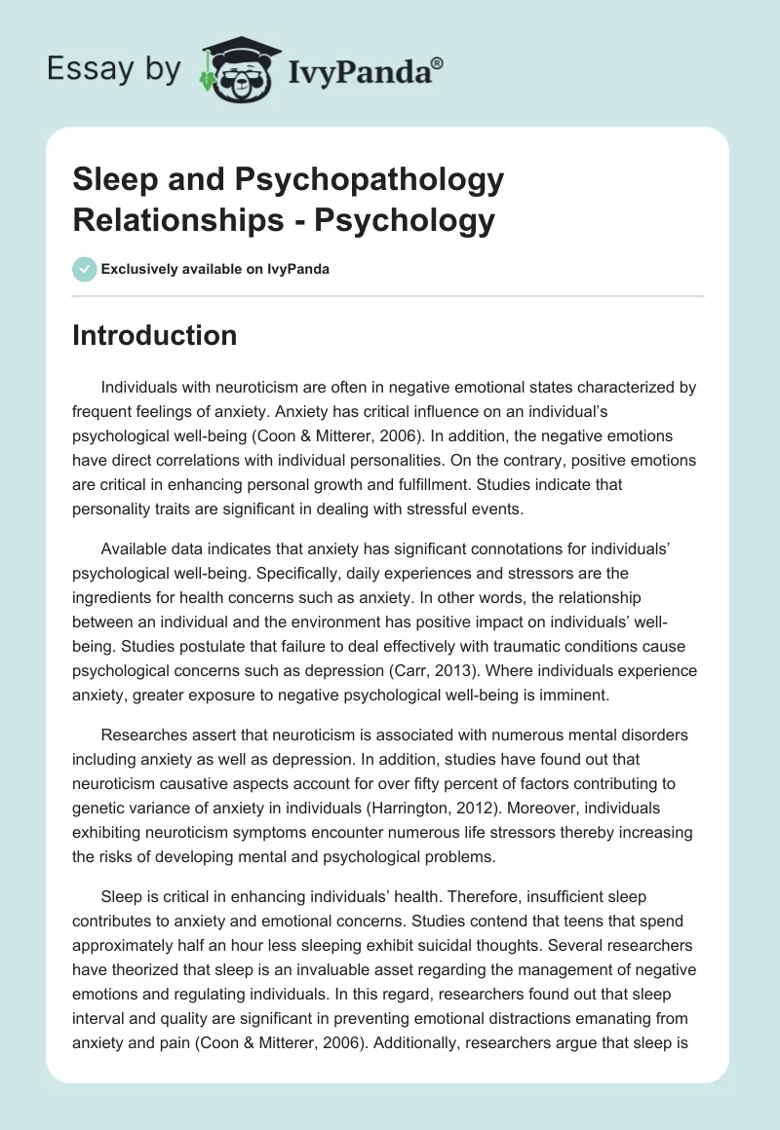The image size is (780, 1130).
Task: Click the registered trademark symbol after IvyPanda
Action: (x=438, y=62)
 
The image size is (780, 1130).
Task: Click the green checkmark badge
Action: (x=84, y=269)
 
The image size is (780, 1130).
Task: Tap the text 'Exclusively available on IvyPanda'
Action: (x=215, y=269)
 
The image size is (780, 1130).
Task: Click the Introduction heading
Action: (x=154, y=335)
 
